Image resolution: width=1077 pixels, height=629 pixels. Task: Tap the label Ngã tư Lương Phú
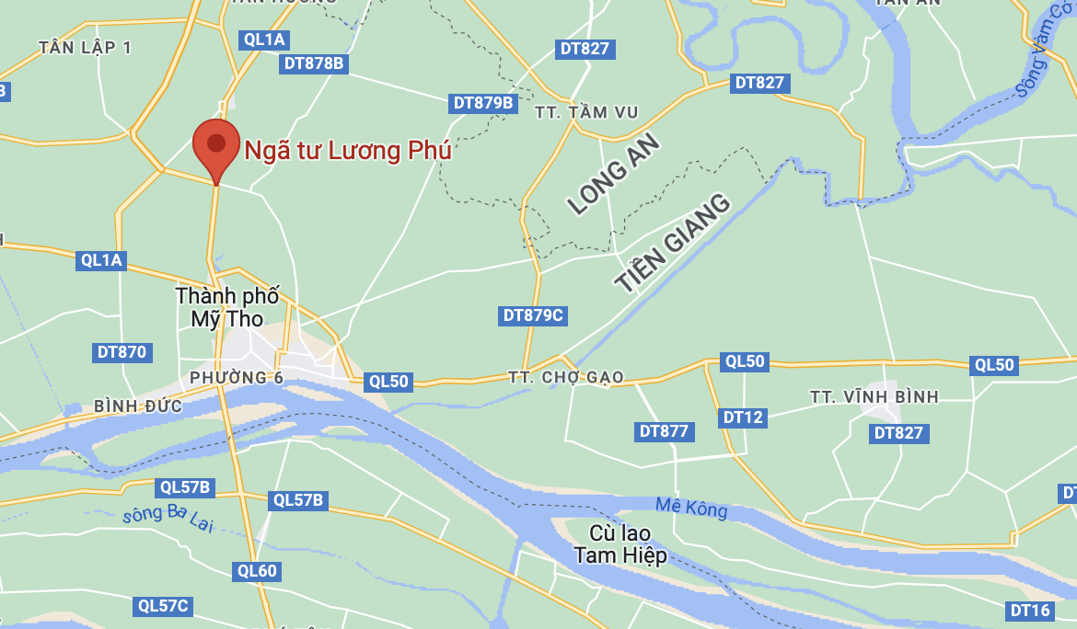(x=348, y=150)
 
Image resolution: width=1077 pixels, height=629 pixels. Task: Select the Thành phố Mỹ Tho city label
(x=227, y=308)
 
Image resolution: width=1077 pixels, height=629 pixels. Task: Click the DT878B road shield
(x=314, y=63)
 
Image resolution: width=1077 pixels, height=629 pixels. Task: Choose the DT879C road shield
(x=533, y=315)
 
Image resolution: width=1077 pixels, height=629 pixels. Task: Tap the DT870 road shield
(x=122, y=352)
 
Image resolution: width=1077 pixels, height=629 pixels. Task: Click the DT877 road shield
(x=664, y=431)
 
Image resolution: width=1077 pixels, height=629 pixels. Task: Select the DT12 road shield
(x=743, y=417)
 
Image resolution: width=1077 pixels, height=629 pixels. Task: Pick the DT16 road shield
(x=1030, y=611)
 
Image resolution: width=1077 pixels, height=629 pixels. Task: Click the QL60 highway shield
(x=257, y=571)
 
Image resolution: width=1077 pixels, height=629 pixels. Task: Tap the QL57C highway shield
(x=163, y=606)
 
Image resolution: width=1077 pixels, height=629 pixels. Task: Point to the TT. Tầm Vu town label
(x=586, y=112)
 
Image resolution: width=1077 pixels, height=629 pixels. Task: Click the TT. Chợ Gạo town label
(x=566, y=377)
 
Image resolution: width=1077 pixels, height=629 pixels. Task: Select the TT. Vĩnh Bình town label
(x=874, y=396)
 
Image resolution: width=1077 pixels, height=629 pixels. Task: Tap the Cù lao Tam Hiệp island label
(x=620, y=544)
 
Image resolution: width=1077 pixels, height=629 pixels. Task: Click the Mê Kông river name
(x=691, y=507)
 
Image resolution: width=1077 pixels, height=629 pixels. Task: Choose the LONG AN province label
(x=614, y=174)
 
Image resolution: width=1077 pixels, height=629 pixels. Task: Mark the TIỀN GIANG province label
(x=673, y=243)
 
